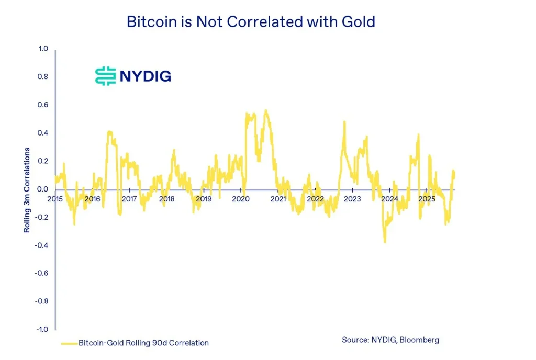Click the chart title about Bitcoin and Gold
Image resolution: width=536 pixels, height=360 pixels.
coord(251,22)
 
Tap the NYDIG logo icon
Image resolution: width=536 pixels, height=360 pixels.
coord(105,76)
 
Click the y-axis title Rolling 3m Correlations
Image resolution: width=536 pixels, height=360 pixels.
coord(27,190)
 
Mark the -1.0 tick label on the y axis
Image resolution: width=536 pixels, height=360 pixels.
coord(41,329)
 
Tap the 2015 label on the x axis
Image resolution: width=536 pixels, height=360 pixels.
coord(55,199)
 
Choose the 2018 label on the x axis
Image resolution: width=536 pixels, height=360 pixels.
coord(166,199)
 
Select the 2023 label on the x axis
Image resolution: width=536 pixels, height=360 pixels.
coord(352,199)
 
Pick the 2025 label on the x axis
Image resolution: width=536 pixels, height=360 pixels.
coord(427,199)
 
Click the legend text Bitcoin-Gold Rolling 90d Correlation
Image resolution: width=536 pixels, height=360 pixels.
coord(143,343)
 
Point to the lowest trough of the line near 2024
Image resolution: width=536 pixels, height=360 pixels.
coord(385,242)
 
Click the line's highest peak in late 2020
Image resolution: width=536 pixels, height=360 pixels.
coord(266,110)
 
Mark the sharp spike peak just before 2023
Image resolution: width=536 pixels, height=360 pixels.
coord(344,122)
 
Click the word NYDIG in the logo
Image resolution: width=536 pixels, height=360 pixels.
coord(145,76)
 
